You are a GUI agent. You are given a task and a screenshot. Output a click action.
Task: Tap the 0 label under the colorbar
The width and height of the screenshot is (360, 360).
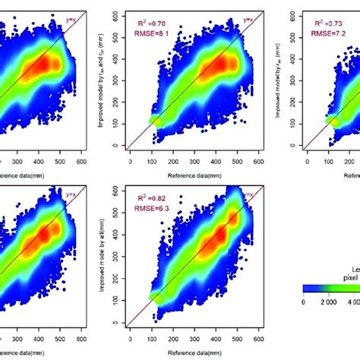coord(303,302)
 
